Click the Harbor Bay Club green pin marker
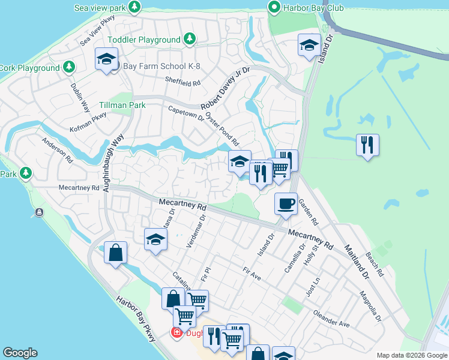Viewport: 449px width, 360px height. pyautogui.click(x=274, y=7)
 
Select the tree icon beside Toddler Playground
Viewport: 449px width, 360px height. pyautogui.click(x=190, y=39)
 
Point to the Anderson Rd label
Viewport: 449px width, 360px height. pyautogui.click(x=56, y=151)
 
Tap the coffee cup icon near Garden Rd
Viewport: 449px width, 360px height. pyautogui.click(x=286, y=203)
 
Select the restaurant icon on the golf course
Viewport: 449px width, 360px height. pyautogui.click(x=367, y=145)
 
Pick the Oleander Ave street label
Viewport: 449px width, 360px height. pyautogui.click(x=331, y=319)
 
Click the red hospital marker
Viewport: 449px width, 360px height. pyautogui.click(x=177, y=332)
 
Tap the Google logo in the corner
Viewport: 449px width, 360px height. pyautogui.click(x=20, y=353)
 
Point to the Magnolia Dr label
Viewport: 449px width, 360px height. pyautogui.click(x=370, y=306)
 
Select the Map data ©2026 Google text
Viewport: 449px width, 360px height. pyautogui.click(x=412, y=355)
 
